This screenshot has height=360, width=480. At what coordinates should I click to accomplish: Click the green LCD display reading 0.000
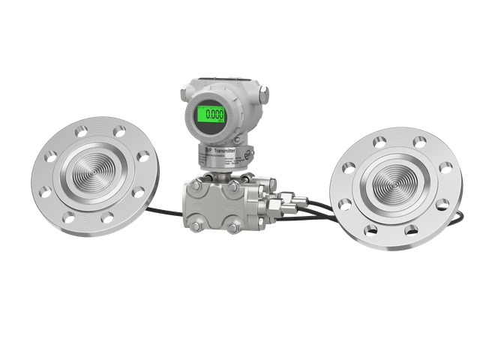point(211,115)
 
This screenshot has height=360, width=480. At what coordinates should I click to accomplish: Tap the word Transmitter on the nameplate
point(224,151)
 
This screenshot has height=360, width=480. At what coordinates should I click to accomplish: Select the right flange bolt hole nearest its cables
point(346,203)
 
